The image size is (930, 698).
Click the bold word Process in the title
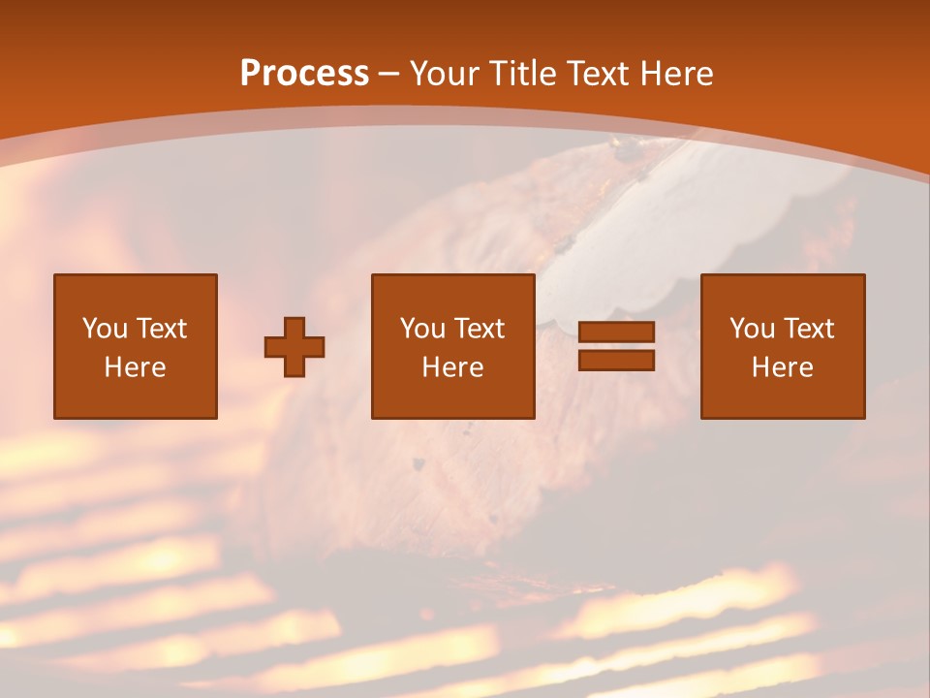pos(304,74)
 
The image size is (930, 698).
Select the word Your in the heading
pos(443,74)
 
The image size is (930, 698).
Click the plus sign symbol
pos(294,347)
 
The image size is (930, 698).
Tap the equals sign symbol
pos(616,346)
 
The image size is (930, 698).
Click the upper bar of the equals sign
pos(616,333)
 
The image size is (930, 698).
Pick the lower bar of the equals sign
pos(616,360)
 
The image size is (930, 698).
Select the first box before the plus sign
pos(135,346)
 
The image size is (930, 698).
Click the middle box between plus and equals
pos(452,346)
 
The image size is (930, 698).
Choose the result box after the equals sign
pos(782,346)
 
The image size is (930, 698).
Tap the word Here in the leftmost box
pos(135,367)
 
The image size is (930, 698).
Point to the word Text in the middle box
pos(480,329)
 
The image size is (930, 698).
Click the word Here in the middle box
pos(452,367)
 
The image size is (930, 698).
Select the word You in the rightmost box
pos(752,329)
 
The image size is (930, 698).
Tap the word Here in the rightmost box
pos(782,367)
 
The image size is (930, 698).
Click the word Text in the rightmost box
pos(809,329)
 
